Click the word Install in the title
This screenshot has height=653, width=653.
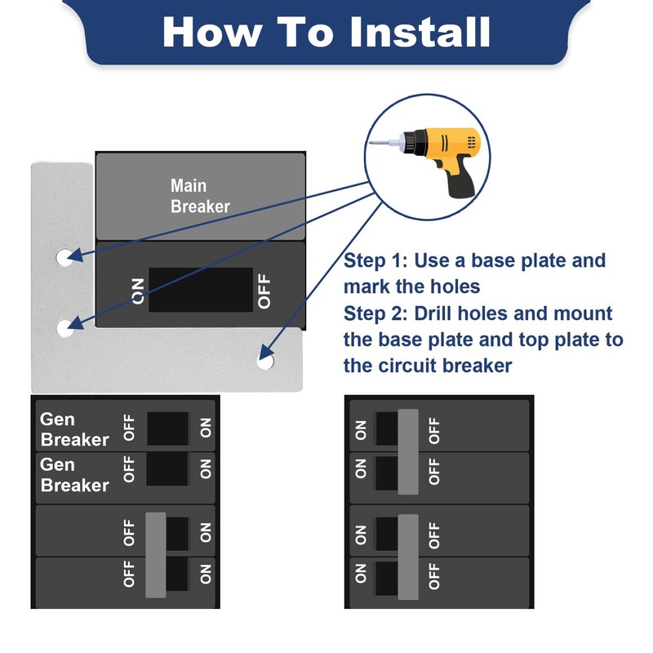click(420, 32)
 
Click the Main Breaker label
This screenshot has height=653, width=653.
click(200, 196)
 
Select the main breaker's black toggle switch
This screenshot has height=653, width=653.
click(201, 290)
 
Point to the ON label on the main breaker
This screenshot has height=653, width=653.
click(138, 291)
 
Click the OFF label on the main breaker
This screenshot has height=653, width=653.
click(264, 291)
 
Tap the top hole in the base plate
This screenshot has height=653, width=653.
click(64, 257)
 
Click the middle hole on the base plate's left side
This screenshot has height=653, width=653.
click(65, 328)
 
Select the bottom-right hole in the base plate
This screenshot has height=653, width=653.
click(265, 361)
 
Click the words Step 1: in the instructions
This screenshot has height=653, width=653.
click(375, 260)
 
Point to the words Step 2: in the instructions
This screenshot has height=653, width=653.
click(375, 313)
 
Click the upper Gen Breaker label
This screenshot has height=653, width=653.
click(74, 429)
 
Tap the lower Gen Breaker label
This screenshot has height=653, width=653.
click(74, 475)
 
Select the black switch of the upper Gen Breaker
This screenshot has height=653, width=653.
click(167, 429)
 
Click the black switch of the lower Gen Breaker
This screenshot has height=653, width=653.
click(167, 469)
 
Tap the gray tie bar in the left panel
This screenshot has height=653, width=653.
click(156, 555)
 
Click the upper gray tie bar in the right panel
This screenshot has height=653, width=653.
click(408, 452)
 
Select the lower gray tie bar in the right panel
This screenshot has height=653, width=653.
click(408, 557)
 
